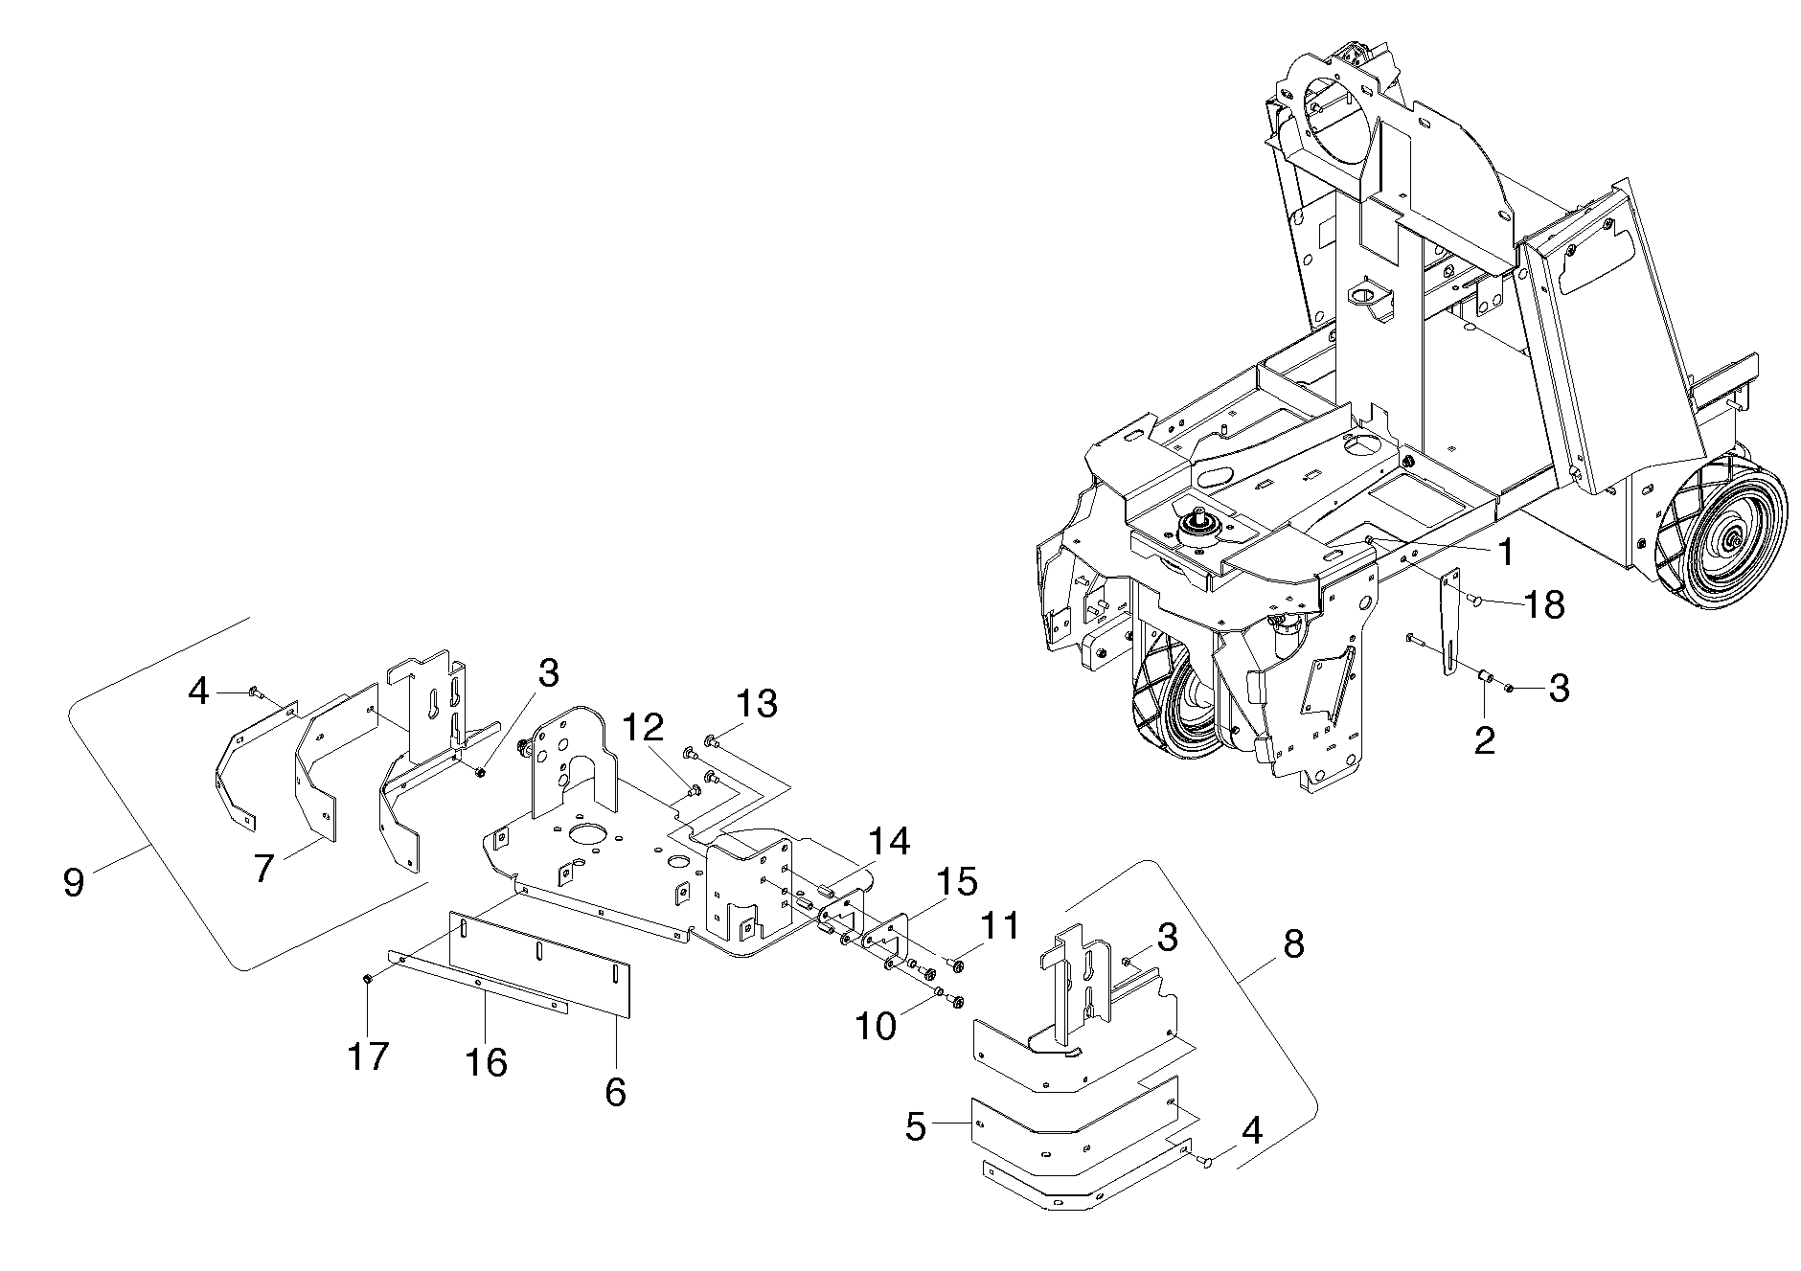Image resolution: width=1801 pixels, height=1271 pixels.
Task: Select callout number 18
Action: (1543, 604)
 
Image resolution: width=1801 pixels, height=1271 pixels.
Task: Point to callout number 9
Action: (74, 881)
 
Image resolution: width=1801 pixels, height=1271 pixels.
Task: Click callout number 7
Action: (264, 868)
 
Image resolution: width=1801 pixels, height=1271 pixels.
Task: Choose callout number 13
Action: (756, 704)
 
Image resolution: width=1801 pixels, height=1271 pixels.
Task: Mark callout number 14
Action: (889, 842)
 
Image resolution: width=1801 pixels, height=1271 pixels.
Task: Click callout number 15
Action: (956, 881)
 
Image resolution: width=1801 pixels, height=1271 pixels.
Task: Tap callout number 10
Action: (876, 1026)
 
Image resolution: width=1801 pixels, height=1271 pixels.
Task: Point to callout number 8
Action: (1292, 944)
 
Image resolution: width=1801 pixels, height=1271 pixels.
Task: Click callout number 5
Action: (916, 1127)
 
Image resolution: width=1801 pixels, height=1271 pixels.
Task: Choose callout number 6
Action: (615, 1091)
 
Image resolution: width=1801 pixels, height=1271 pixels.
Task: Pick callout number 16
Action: (486, 1062)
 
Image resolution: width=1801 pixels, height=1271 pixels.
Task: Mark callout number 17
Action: (369, 1056)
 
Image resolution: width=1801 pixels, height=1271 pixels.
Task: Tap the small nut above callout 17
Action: (368, 978)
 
